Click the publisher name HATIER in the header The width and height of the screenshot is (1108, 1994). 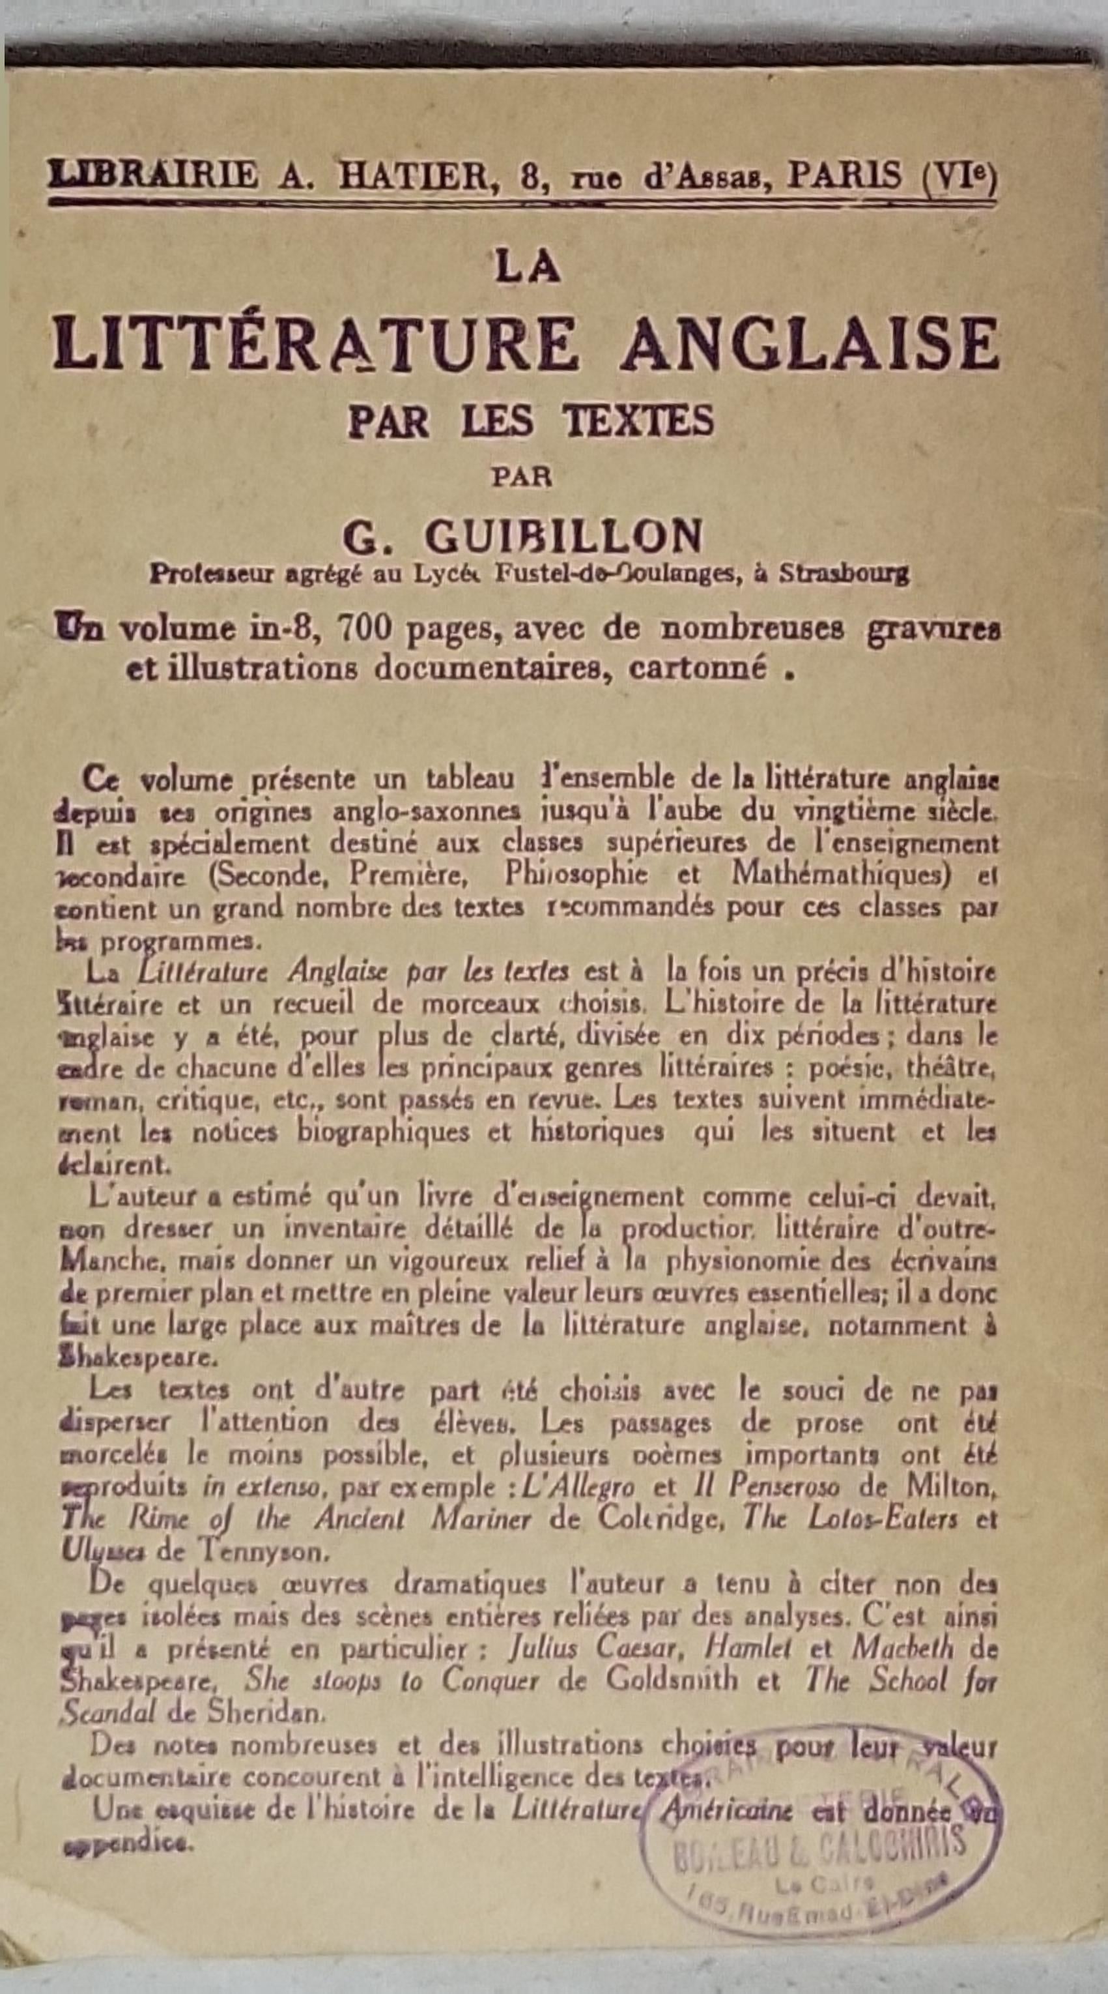(413, 177)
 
